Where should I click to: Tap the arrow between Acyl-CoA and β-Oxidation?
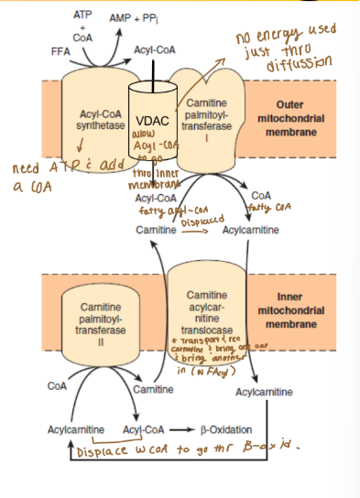pos(181,428)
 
